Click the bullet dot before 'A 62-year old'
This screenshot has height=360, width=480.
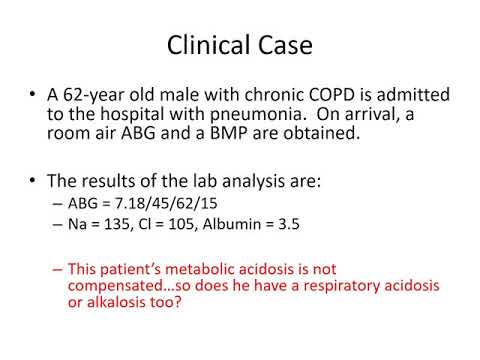point(35,95)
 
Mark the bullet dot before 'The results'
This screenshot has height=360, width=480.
point(35,182)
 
